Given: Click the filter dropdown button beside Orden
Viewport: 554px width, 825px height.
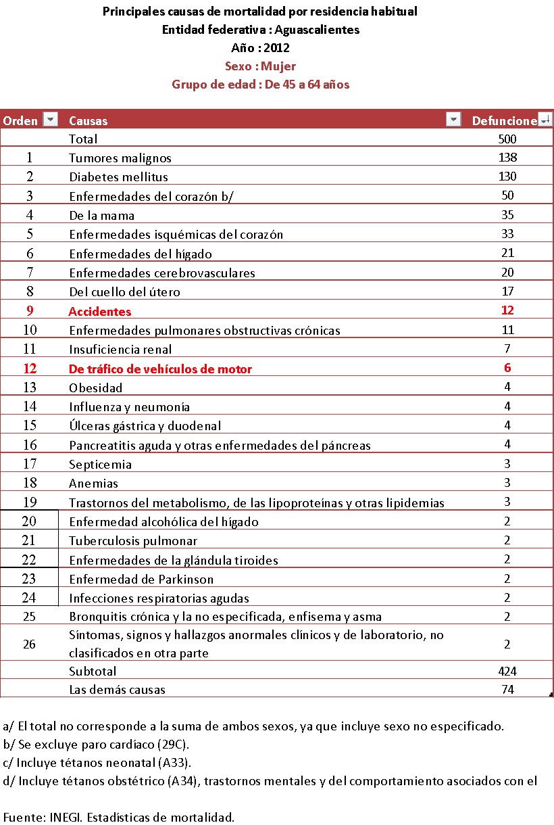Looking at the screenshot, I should (50, 120).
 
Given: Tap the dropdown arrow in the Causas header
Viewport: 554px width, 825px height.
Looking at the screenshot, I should (454, 120).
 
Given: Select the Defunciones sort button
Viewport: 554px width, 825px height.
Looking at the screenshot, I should (546, 120).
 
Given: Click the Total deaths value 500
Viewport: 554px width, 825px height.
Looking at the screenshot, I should (507, 139).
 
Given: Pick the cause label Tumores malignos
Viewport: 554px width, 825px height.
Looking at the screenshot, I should (120, 158).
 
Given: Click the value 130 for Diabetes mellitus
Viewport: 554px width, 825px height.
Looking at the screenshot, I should (507, 176).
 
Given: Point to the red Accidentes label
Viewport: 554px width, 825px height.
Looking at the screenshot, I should (100, 312).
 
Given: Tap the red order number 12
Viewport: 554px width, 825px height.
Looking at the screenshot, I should (29, 369).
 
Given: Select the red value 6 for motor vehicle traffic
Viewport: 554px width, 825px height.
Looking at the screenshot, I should (507, 368).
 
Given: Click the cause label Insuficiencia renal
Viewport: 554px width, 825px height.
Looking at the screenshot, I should (120, 350).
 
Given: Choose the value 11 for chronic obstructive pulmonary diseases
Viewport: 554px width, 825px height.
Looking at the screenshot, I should (507, 330).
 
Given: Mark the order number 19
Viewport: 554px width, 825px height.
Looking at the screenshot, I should (29, 502).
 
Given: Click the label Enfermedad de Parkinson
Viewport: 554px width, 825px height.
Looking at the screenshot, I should (141, 580).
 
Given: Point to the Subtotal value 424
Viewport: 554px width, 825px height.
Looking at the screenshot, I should (507, 671).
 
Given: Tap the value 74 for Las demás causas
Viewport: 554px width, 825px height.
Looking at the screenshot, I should (507, 689).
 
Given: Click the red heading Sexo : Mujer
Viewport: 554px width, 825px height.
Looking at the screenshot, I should (260, 66).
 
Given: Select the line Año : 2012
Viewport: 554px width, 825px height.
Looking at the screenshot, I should (260, 48).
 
